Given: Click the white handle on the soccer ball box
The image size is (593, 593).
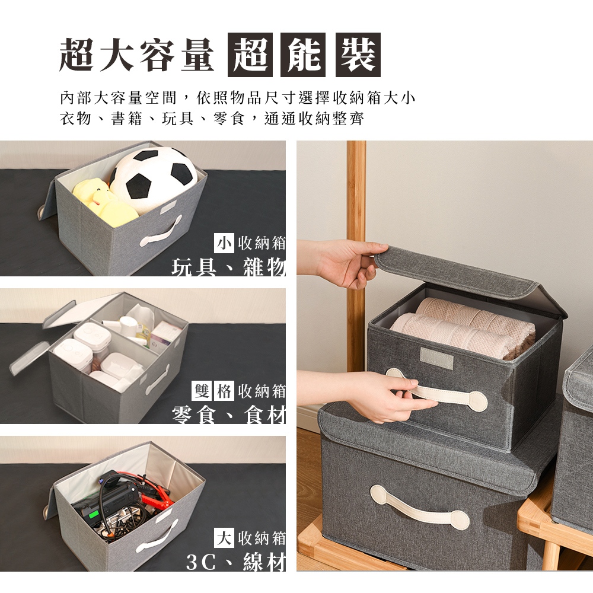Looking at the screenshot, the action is [x=161, y=231].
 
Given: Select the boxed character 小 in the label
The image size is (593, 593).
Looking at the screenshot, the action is [x=224, y=243].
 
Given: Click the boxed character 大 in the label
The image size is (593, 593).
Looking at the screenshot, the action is [x=224, y=538].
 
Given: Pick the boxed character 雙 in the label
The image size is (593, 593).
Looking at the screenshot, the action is [x=202, y=390].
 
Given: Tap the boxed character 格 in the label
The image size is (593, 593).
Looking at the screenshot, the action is [x=224, y=390].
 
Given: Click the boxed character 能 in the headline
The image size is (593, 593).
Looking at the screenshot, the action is [x=303, y=55].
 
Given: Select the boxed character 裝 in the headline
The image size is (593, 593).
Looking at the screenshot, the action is [x=358, y=55].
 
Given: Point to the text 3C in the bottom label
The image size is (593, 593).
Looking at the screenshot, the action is [x=201, y=562].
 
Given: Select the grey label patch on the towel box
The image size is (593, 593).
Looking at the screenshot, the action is [x=437, y=358].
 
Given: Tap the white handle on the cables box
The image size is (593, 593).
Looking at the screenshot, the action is [x=157, y=536].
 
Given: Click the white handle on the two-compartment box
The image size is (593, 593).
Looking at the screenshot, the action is [x=158, y=380].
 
